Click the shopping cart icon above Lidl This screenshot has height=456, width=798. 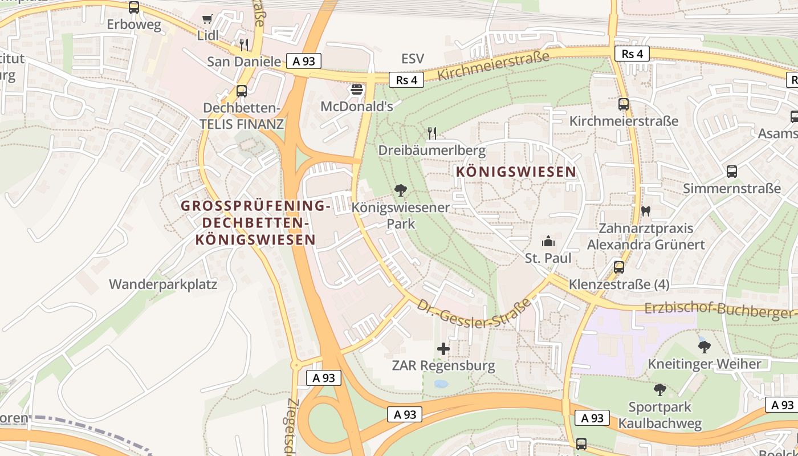(x=207, y=19)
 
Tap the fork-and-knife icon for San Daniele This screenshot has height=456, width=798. (x=244, y=44)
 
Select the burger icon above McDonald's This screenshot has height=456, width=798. (x=357, y=89)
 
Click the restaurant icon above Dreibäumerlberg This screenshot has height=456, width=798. (x=432, y=133)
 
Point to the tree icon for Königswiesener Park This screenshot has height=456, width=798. (x=401, y=190)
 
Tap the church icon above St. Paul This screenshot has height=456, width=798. (x=548, y=241)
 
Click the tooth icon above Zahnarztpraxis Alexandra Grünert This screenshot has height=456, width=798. (x=646, y=210)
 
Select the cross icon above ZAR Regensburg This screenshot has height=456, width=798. (x=443, y=348)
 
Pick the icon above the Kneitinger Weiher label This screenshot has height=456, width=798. (x=704, y=346)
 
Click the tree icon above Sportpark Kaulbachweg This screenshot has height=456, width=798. (x=660, y=390)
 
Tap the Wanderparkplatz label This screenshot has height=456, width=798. (x=163, y=284)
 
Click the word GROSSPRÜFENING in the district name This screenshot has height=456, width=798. (x=256, y=206)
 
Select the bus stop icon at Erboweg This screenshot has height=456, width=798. (x=134, y=7)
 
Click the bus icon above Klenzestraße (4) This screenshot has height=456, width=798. (x=619, y=267)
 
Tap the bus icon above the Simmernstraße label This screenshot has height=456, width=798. (x=732, y=171)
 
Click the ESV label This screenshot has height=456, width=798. (x=413, y=59)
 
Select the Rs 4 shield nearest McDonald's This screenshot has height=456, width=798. (x=406, y=80)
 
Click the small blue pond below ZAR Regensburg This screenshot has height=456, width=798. (x=441, y=384)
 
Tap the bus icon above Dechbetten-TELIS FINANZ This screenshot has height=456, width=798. (x=242, y=91)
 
